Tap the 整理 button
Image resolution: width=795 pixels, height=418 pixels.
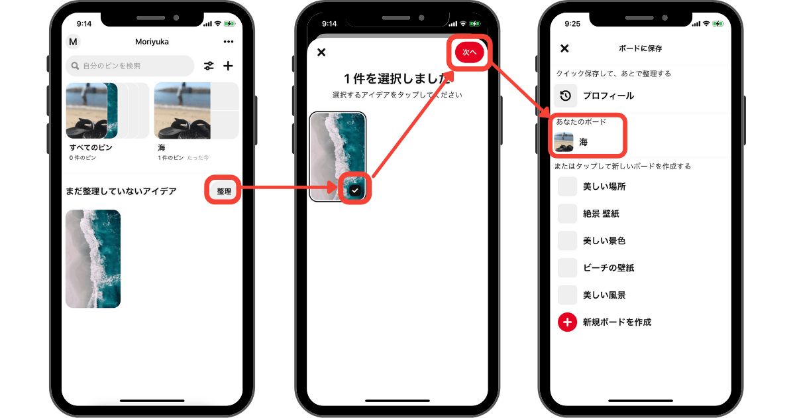(224, 191)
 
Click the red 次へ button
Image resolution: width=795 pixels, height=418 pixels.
(469, 52)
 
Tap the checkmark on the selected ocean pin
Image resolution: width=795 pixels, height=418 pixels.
(355, 190)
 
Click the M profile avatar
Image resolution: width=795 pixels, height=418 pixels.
(73, 42)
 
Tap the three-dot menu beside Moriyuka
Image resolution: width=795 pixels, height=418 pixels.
(229, 42)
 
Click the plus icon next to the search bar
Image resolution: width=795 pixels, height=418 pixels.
(228, 66)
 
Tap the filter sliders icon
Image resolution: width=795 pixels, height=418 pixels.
(209, 66)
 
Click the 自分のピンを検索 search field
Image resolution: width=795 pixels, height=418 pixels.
(130, 66)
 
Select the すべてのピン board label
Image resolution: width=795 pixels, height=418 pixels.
(91, 147)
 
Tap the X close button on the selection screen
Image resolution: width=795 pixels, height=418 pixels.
(321, 52)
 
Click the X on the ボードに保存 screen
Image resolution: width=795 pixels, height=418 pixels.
(564, 48)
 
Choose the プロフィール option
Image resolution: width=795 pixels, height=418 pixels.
(608, 96)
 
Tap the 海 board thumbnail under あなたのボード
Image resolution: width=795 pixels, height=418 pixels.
(564, 142)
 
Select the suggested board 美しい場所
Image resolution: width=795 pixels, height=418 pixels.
(604, 186)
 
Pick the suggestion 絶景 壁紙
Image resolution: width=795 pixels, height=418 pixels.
(601, 214)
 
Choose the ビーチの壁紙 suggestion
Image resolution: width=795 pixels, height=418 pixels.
(608, 267)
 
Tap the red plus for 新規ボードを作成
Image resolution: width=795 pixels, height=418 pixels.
(567, 322)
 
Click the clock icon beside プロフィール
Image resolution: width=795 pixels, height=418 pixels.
(565, 96)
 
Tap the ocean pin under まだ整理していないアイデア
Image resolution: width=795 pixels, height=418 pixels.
(93, 259)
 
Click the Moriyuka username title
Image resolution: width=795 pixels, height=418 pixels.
(152, 42)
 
